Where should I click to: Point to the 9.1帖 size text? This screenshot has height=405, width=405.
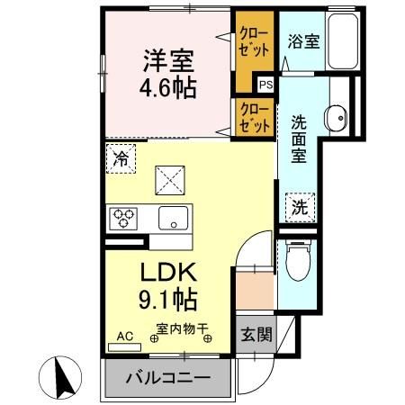coord(167,298)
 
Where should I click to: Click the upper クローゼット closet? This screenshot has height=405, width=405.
coord(253,43)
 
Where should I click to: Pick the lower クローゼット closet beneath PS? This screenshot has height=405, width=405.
coord(253,119)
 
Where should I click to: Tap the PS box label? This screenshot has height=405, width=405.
coord(265,85)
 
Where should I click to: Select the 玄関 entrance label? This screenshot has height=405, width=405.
coord(254,335)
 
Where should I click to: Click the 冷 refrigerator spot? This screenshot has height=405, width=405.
coord(121,158)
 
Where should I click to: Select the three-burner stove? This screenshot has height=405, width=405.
coord(124,218)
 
